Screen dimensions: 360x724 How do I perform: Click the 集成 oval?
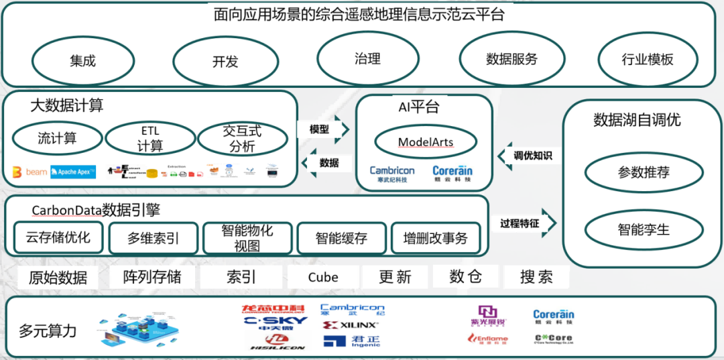(x=82, y=61)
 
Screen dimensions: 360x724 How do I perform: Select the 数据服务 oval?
(x=511, y=59)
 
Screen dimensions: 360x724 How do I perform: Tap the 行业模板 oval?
(x=647, y=59)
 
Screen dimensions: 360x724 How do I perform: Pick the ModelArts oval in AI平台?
(x=426, y=142)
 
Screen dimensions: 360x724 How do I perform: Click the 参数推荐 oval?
(x=644, y=172)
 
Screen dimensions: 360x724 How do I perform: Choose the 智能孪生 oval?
(x=644, y=230)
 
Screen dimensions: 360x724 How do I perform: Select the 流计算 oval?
(x=57, y=139)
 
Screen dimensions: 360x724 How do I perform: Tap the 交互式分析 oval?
(x=242, y=139)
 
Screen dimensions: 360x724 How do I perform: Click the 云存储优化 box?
(x=58, y=237)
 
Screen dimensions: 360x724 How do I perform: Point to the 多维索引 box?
(x=153, y=238)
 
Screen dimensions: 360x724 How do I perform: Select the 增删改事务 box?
(x=435, y=238)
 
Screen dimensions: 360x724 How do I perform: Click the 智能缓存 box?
(x=341, y=238)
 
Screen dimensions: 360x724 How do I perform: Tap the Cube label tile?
(x=323, y=277)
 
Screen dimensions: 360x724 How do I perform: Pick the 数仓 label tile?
(x=466, y=276)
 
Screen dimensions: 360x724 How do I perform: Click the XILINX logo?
(x=349, y=325)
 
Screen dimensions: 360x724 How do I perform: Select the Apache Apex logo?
(x=73, y=172)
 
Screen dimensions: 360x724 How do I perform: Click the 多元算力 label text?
(x=48, y=331)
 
